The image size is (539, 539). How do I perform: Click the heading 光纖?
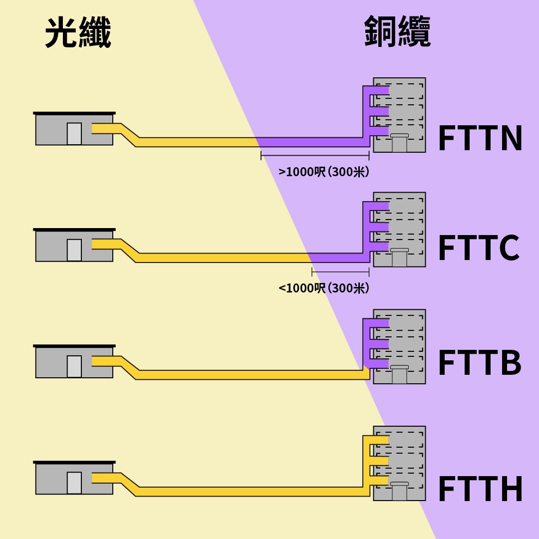click(x=78, y=32)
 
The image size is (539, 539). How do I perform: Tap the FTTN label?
click(x=480, y=139)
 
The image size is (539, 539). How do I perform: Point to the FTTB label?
click(x=480, y=363)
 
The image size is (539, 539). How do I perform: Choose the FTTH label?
click(x=480, y=490)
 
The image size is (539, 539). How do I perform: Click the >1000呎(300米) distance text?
click(x=324, y=172)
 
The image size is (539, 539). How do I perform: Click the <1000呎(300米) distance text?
click(x=324, y=288)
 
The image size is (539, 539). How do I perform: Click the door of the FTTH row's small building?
click(x=74, y=483)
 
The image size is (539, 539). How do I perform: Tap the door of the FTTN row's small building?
click(x=74, y=134)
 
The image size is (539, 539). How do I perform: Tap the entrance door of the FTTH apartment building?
click(x=399, y=492)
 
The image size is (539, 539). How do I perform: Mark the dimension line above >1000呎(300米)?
click(x=315, y=156)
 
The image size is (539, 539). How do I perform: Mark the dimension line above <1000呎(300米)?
click(x=340, y=272)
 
